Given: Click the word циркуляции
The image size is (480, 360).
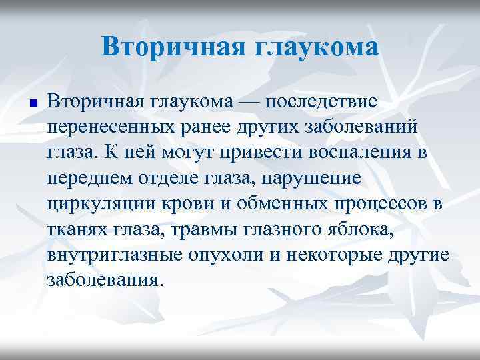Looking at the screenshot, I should click(101, 205).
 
